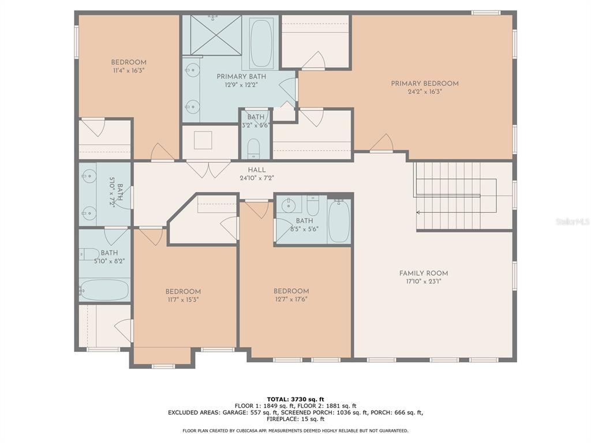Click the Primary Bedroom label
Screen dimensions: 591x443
424,83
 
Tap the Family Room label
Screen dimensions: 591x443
424,273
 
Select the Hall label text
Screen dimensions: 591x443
257,170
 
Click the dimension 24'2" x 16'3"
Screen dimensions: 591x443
424,92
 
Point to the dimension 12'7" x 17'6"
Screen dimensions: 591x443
291,299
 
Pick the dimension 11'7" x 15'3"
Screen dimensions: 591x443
183,299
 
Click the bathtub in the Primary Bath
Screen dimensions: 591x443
261,43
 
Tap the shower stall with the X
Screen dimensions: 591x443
216,35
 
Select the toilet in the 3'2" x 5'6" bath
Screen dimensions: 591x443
254,149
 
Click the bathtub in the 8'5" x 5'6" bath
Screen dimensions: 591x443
339,221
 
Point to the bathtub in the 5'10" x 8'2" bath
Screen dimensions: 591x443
104,290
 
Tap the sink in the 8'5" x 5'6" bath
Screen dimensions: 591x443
289,205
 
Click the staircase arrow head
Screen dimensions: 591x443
418,213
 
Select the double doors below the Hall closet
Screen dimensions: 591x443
208,169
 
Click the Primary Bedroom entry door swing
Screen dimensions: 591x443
382,143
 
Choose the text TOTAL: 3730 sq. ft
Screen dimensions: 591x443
295,399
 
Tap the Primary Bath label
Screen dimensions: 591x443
241,77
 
